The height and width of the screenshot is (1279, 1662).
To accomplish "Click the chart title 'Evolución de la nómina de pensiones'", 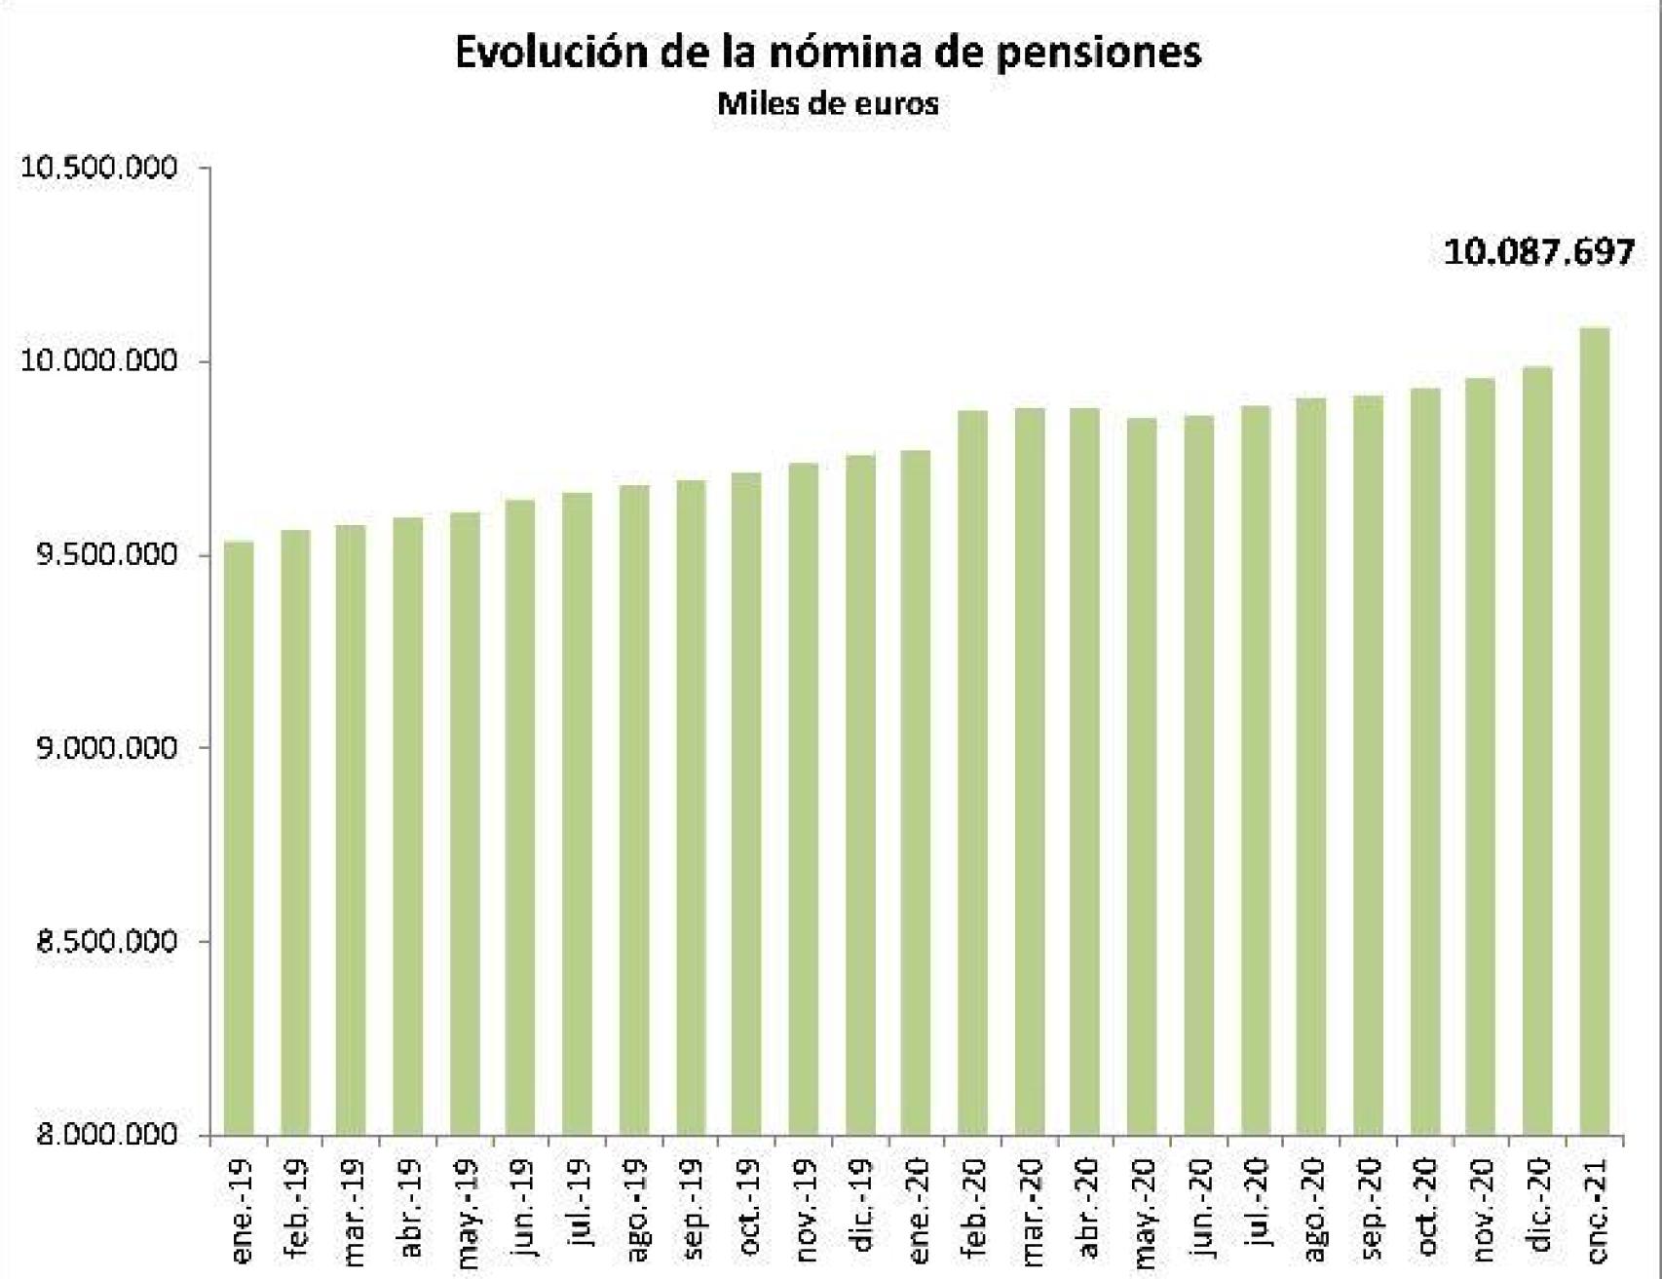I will pyautogui.click(x=828, y=53).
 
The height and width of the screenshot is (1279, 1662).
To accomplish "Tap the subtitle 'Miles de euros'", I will pyautogui.click(x=828, y=104).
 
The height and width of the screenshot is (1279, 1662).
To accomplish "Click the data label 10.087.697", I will pyautogui.click(x=1538, y=252).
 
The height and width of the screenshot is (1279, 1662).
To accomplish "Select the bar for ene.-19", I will pyautogui.click(x=239, y=838).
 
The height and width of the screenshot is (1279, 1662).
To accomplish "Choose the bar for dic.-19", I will pyautogui.click(x=860, y=795).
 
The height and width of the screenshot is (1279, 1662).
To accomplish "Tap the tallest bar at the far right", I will pyautogui.click(x=1595, y=731).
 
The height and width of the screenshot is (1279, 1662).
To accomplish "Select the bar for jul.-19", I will pyautogui.click(x=577, y=813).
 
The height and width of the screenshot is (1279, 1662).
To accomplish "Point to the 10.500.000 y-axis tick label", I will pyautogui.click(x=100, y=168).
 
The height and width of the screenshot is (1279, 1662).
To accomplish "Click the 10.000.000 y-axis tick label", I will pyautogui.click(x=100, y=361).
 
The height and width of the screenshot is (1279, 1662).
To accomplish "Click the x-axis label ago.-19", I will pyautogui.click(x=635, y=1210).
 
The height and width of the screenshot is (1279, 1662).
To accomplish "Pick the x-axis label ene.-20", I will pyautogui.click(x=918, y=1210).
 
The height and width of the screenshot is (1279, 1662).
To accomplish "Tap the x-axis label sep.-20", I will pyautogui.click(x=1370, y=1210).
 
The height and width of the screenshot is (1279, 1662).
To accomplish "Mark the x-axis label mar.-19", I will pyautogui.click(x=353, y=1211).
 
